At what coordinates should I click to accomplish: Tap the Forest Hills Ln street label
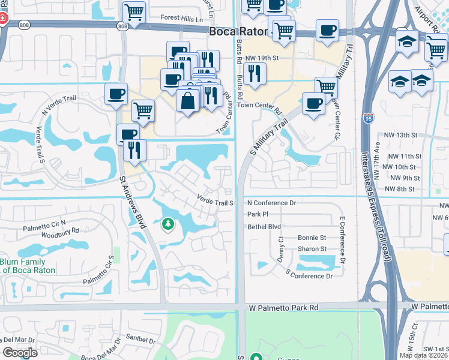pyautogui.click(x=182, y=19)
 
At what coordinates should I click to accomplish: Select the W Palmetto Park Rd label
pyautogui.click(x=283, y=308)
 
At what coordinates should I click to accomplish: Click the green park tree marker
pyautogui.click(x=169, y=225)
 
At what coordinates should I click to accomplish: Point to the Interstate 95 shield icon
pyautogui.click(x=367, y=119)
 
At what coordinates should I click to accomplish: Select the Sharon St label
pyautogui.click(x=312, y=249)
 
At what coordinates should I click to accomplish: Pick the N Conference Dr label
pyautogui.click(x=272, y=203)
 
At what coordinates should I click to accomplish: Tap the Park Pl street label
pyautogui.click(x=257, y=214)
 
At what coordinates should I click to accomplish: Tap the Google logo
pyautogui.click(x=20, y=353)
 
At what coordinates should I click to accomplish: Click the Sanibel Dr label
pyautogui.click(x=138, y=340)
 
